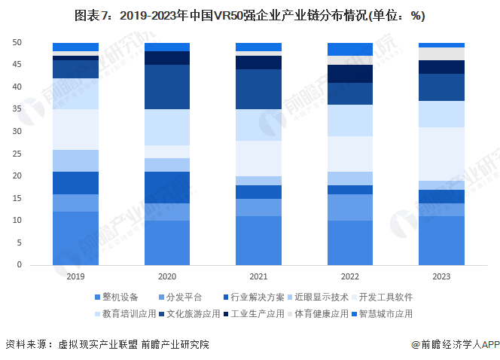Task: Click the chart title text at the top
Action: point(249,16)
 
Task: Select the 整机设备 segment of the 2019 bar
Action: point(75,238)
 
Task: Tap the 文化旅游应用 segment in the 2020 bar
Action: point(166,87)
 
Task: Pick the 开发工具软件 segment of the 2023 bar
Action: point(441,154)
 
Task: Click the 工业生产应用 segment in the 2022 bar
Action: point(350,74)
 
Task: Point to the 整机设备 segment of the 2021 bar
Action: point(258,240)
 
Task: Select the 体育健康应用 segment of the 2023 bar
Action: point(441,53)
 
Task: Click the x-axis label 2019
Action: point(75,276)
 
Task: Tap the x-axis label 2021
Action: point(258,276)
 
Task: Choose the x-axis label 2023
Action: point(441,276)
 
